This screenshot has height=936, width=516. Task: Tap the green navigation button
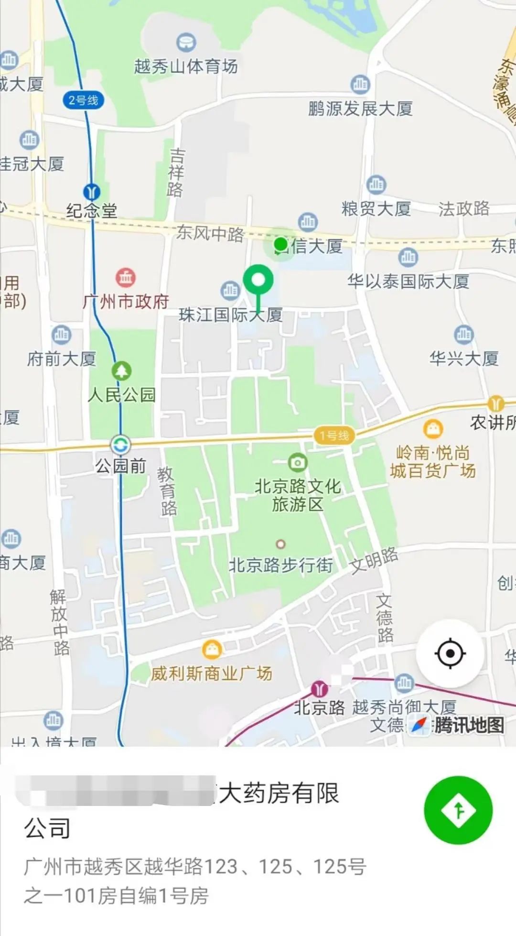[458, 810]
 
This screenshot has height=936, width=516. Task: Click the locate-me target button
[450, 653]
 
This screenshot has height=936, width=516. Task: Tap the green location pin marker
[258, 280]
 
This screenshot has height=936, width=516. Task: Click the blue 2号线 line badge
[83, 100]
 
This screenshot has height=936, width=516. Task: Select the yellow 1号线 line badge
[334, 435]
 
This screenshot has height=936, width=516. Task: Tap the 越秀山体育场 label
[186, 66]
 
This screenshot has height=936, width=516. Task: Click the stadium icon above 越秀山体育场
[186, 43]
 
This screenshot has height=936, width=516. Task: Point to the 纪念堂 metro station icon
[91, 192]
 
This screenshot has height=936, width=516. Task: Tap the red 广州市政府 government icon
[126, 277]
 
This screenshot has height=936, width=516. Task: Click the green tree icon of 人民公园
[121, 370]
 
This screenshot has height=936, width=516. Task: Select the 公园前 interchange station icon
[120, 445]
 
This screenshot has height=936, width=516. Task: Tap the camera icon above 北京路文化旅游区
[297, 462]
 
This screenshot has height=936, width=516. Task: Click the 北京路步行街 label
[280, 565]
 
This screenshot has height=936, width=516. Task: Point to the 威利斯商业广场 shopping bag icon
[212, 649]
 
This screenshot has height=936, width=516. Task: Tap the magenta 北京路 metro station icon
[319, 689]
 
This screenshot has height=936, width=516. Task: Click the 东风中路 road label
[210, 234]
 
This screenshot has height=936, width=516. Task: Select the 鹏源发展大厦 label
[360, 109]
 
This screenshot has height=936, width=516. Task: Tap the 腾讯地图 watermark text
[469, 725]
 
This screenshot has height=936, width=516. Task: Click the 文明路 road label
[374, 560]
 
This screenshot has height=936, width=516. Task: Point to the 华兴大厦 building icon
[463, 334]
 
